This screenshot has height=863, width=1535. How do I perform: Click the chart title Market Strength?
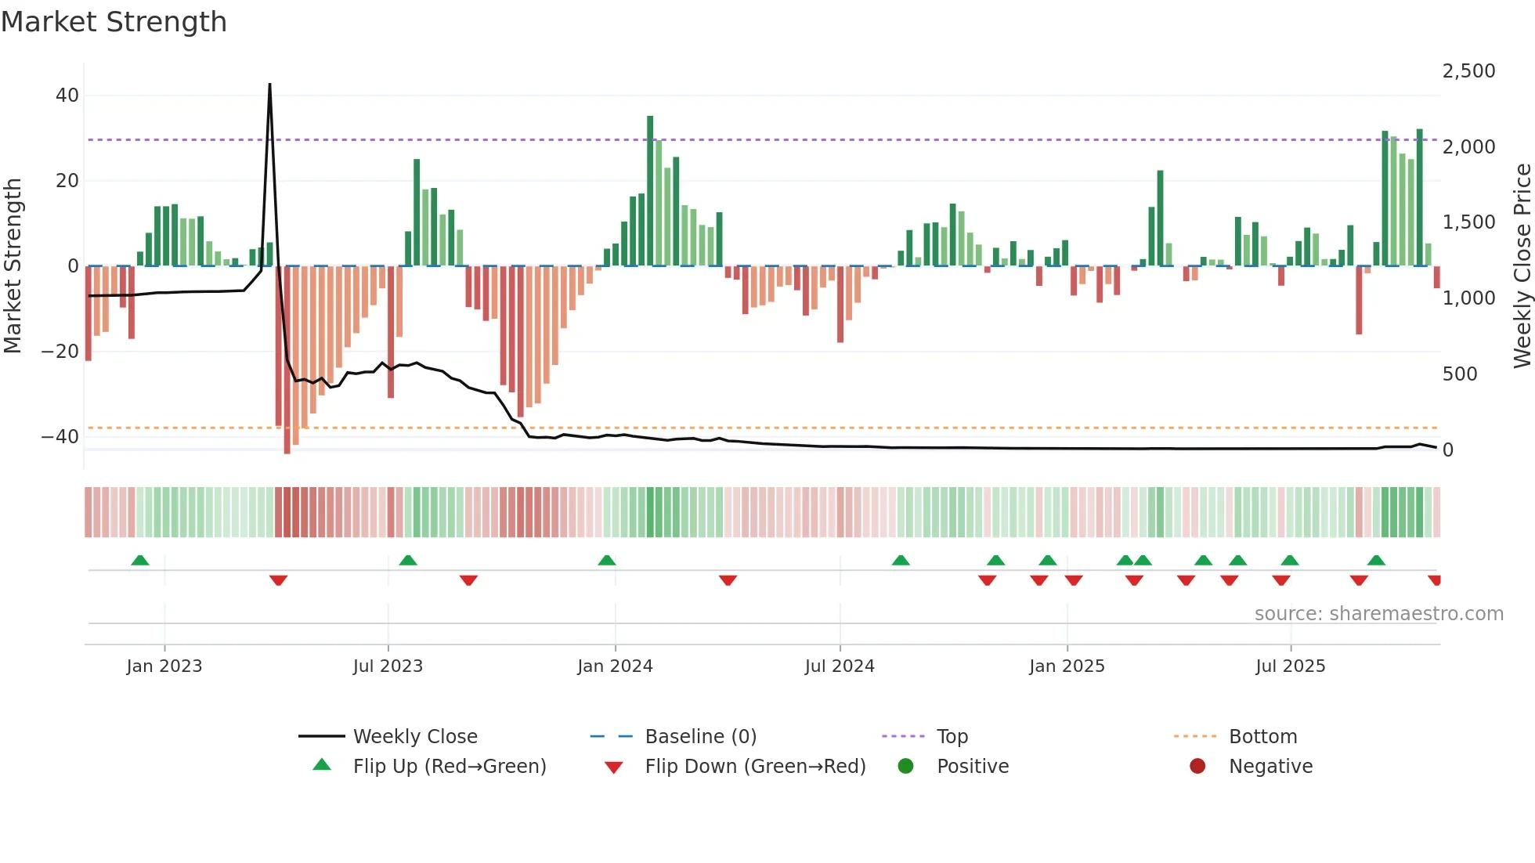point(114,22)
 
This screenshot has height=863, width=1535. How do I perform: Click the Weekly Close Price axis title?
point(1522,265)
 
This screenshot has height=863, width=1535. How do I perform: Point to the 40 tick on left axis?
point(67,96)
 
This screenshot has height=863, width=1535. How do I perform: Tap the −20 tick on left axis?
point(60,352)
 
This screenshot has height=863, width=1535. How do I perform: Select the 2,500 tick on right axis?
point(1468,71)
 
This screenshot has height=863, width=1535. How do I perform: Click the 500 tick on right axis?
point(1459,374)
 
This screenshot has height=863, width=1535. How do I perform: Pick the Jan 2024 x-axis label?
point(615,666)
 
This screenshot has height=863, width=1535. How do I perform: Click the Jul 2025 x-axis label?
point(1290,666)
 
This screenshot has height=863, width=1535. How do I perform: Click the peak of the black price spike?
point(269,85)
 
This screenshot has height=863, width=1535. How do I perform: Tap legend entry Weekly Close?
point(414,737)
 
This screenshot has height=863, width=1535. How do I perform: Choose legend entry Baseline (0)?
point(700,737)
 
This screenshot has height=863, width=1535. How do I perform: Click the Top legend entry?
point(952,737)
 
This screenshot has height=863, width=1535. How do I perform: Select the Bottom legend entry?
point(1262,737)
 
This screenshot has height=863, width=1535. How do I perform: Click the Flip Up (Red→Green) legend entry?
point(449,767)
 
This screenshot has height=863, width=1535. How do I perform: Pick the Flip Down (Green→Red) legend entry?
point(755,767)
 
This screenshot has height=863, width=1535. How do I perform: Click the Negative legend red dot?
point(1197,767)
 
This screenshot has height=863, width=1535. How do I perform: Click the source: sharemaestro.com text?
point(1378,614)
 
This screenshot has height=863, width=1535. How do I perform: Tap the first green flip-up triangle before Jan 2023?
point(140,560)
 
